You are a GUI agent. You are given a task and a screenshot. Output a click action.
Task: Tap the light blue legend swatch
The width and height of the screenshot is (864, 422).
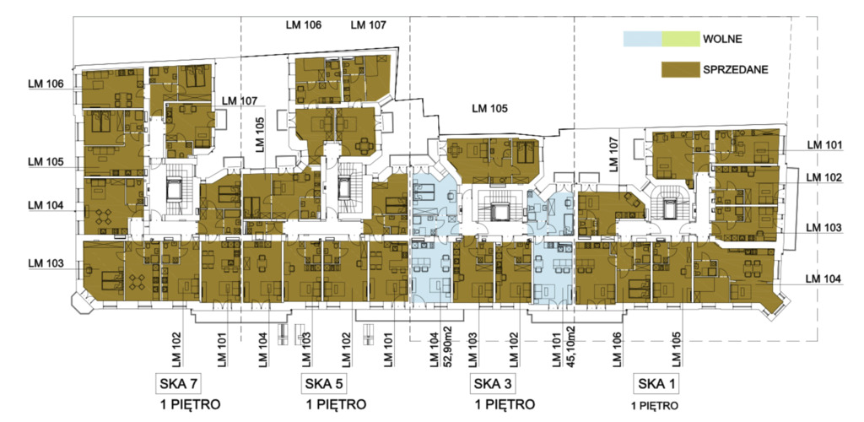[642, 39]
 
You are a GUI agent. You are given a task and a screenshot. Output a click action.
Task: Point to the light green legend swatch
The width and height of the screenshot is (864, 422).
[681, 39]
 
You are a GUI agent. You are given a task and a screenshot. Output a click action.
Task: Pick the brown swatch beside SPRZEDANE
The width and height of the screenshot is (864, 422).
[681, 69]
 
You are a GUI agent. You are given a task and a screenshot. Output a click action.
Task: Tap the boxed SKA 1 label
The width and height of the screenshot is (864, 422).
[656, 383]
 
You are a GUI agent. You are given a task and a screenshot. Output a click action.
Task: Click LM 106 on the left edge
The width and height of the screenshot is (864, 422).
[46, 84]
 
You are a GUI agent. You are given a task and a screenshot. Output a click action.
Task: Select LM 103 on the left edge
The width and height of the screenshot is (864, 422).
[46, 264]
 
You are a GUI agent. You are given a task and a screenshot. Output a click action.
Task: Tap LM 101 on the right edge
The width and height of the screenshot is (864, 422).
[824, 145]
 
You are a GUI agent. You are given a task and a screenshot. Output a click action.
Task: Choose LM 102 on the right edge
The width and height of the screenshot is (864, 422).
[824, 178]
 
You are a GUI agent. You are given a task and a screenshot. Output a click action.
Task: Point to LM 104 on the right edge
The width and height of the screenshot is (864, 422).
[824, 279]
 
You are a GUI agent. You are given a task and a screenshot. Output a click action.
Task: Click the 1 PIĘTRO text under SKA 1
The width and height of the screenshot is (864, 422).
[656, 407]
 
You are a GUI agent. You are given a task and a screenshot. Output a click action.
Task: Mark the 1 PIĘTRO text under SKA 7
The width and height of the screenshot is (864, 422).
[191, 405]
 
